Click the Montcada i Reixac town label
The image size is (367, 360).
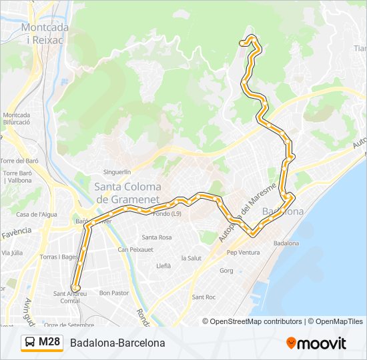pos(43,33)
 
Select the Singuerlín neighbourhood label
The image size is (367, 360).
pos(117,171)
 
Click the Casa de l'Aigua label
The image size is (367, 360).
pos(37,214)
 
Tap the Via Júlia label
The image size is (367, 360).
pos(12,253)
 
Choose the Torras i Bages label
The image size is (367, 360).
pos(59,257)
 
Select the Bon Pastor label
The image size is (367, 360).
pos(113,293)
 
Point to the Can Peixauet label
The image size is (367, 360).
pos(135,249)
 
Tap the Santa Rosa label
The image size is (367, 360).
pos(156,237)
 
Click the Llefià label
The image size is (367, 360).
pos(163,265)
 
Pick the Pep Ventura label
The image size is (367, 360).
pos(243,253)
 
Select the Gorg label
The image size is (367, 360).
pos(226,271)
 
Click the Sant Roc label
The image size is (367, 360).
pos(203,297)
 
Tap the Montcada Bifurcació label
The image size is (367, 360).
pos(17,118)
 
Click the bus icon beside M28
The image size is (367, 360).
pos(30,343)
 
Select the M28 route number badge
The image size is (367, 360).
pos(49,343)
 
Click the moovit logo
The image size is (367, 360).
pos(316,343)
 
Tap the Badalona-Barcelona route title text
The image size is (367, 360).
pos(117,343)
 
